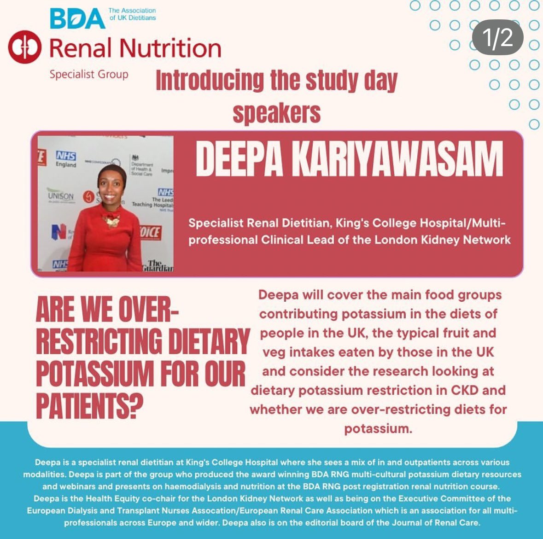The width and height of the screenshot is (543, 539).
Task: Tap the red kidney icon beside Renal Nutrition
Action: click(24, 47)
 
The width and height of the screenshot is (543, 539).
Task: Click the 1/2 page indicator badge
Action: click(497, 37)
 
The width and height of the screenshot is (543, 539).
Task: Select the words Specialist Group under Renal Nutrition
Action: click(89, 74)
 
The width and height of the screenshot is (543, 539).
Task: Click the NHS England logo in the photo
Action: click(66, 159)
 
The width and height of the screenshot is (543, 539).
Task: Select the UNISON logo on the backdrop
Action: click(60, 196)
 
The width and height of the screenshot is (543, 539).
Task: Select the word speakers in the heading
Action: click(276, 112)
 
